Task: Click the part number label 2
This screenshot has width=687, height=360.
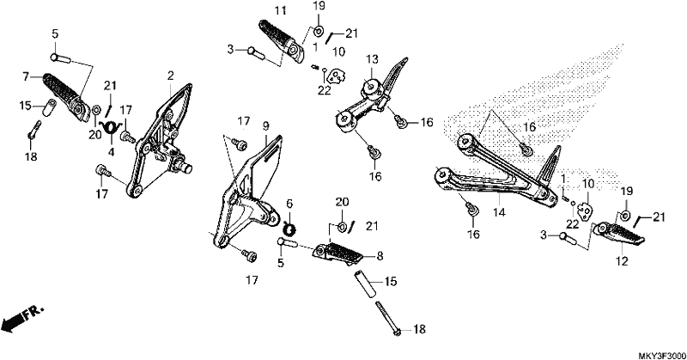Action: pos(170,76)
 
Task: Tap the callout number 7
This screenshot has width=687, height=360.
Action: pos(27,76)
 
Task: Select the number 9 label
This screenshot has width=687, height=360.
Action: pos(266,126)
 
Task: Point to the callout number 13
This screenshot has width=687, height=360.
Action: pos(372,58)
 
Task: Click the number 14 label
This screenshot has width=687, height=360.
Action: pos(499,213)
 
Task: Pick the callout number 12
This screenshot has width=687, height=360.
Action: pos(622,261)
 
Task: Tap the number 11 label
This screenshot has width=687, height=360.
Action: pos(280,10)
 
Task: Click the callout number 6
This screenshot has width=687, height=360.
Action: pos(289,204)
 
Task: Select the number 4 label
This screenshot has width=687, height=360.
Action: pos(112,152)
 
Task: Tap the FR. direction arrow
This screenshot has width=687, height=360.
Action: pos(22,318)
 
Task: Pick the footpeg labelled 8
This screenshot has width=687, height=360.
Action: pos(337,253)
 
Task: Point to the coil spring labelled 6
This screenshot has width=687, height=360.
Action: pos(289,228)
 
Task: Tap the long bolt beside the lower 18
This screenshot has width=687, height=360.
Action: pos(388,319)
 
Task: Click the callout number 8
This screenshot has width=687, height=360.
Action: pos(380,256)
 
